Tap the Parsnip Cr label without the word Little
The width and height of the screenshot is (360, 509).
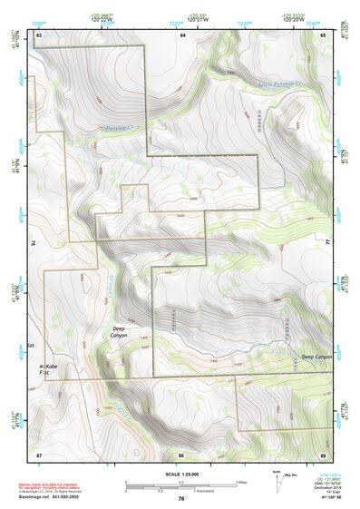(120, 126)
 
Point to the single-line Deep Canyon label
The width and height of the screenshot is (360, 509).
(317, 357)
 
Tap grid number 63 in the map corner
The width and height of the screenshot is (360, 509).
(39, 34)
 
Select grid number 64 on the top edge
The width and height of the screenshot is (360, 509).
(181, 34)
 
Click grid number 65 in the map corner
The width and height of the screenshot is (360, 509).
(323, 34)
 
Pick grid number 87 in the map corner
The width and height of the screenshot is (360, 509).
(39, 453)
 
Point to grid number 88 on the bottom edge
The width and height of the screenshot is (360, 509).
(181, 453)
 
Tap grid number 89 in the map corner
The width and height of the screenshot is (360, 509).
(323, 453)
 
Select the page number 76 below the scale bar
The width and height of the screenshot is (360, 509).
(181, 499)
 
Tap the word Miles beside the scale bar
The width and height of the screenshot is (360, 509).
(241, 482)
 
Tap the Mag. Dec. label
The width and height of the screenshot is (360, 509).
(289, 475)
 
